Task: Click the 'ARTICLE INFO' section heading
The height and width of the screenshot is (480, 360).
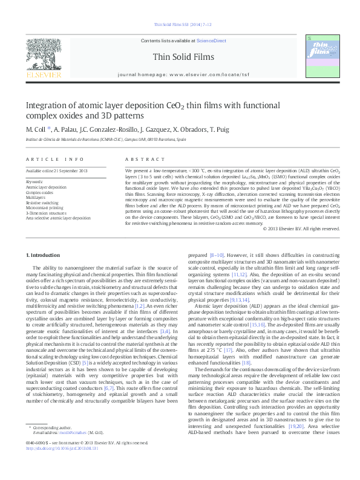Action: coord(54,159)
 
